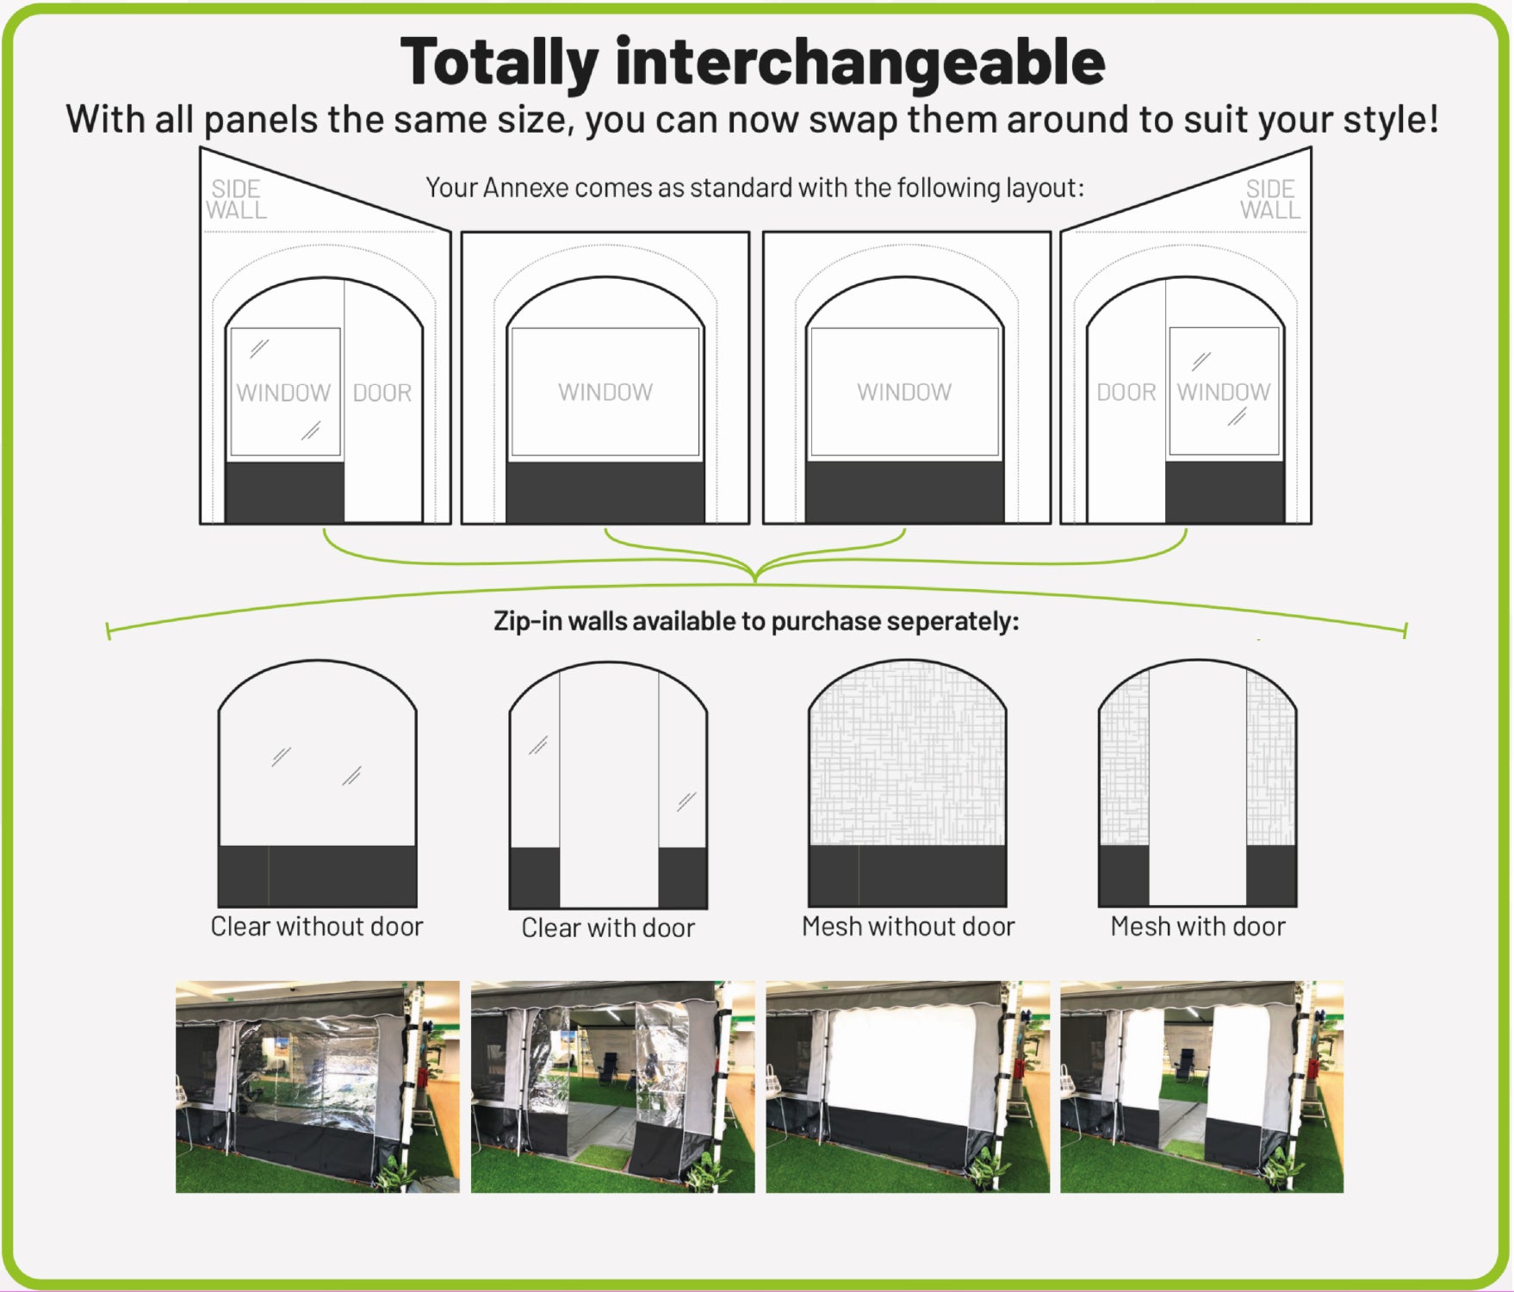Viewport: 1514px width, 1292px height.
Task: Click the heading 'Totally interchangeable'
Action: click(x=753, y=62)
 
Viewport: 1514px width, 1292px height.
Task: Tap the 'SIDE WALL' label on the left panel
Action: click(x=236, y=200)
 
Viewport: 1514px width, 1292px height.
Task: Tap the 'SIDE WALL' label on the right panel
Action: click(x=1270, y=200)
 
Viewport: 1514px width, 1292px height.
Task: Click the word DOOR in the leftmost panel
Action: click(x=382, y=393)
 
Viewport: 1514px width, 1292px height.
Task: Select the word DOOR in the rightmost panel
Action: click(x=1126, y=393)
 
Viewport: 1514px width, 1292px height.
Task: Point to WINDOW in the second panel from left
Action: click(x=605, y=393)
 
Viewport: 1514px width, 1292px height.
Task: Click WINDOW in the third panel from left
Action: click(x=904, y=393)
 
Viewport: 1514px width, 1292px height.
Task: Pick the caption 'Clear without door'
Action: click(x=317, y=927)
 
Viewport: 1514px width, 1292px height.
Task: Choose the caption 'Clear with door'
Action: click(x=608, y=928)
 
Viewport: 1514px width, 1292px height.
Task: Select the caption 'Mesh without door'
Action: click(x=909, y=927)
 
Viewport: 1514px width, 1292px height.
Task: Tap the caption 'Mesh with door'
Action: click(x=1198, y=927)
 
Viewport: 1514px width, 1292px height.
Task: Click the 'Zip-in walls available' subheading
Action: click(x=756, y=621)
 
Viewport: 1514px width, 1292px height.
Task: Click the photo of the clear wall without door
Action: click(x=318, y=1087)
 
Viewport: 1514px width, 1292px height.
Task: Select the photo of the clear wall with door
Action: click(x=612, y=1087)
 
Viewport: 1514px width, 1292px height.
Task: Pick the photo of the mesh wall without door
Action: click(x=908, y=1087)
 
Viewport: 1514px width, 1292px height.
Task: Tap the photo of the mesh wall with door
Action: click(x=1201, y=1087)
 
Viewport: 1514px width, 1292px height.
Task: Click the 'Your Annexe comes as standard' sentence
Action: click(x=755, y=188)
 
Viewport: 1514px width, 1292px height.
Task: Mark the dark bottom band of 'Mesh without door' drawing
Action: click(x=908, y=875)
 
